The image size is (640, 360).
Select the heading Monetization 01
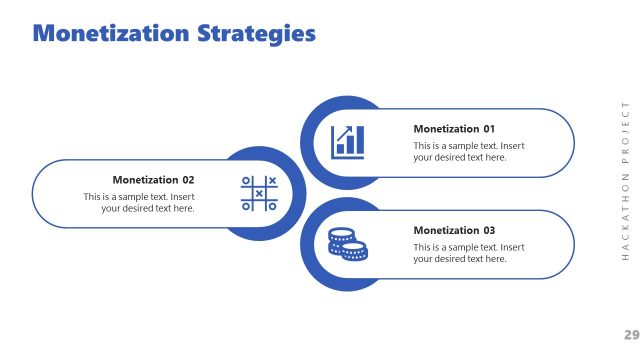click(x=454, y=129)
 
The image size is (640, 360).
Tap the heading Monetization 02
click(x=153, y=180)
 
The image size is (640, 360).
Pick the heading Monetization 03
click(x=454, y=230)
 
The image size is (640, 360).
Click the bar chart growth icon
click(x=347, y=141)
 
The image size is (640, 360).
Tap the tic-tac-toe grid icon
click(x=259, y=193)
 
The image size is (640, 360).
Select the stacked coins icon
click(x=347, y=243)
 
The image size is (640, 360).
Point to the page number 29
click(x=631, y=334)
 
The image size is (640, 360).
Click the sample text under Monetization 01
click(x=469, y=151)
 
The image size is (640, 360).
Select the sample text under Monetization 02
click(x=139, y=202)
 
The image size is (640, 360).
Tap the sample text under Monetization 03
click(x=469, y=252)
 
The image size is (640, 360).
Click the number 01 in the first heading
click(x=489, y=129)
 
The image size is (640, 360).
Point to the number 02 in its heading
click(x=188, y=180)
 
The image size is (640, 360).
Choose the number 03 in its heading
click(x=489, y=230)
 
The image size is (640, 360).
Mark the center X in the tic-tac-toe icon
click(x=259, y=193)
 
